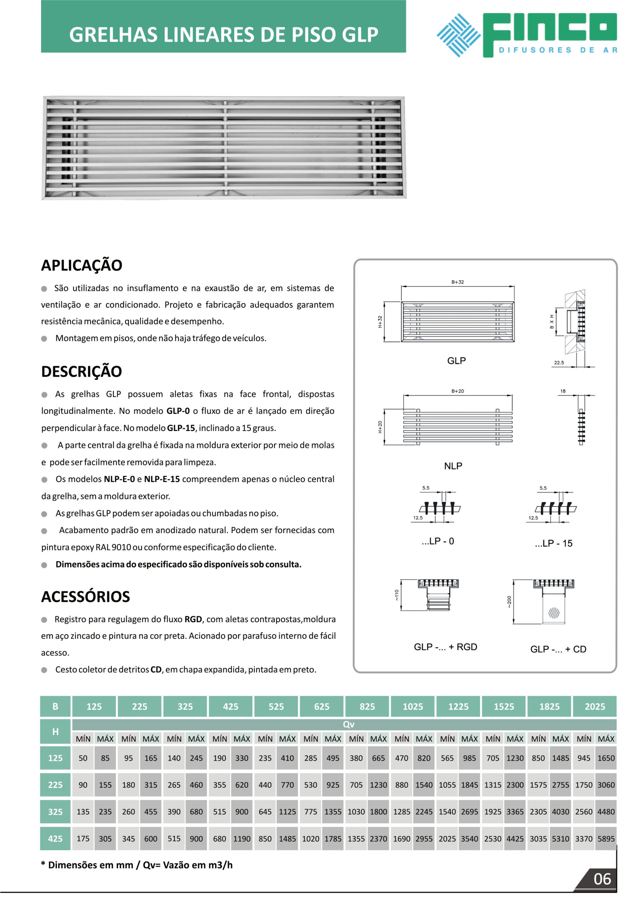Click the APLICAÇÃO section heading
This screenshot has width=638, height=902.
click(x=82, y=266)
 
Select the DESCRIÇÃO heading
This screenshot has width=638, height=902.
click(x=82, y=372)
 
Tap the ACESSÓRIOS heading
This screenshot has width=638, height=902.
click(x=86, y=597)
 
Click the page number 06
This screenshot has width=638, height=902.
click(x=602, y=879)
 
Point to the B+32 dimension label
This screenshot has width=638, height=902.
click(x=457, y=282)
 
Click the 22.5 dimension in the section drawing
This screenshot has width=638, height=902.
click(x=559, y=363)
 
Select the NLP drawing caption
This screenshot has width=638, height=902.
click(x=453, y=466)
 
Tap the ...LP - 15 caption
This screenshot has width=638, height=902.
click(x=553, y=543)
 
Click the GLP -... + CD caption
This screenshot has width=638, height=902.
click(x=558, y=649)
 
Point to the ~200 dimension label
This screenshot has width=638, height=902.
click(x=509, y=602)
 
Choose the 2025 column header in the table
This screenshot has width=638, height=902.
click(x=594, y=706)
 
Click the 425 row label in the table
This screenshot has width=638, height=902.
click(x=55, y=839)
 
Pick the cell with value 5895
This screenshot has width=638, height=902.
click(x=606, y=839)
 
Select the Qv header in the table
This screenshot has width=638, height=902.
click(x=348, y=724)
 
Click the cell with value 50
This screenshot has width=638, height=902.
click(x=83, y=758)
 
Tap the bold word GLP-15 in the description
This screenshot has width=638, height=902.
click(x=181, y=428)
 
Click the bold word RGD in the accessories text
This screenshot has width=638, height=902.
click(x=193, y=619)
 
